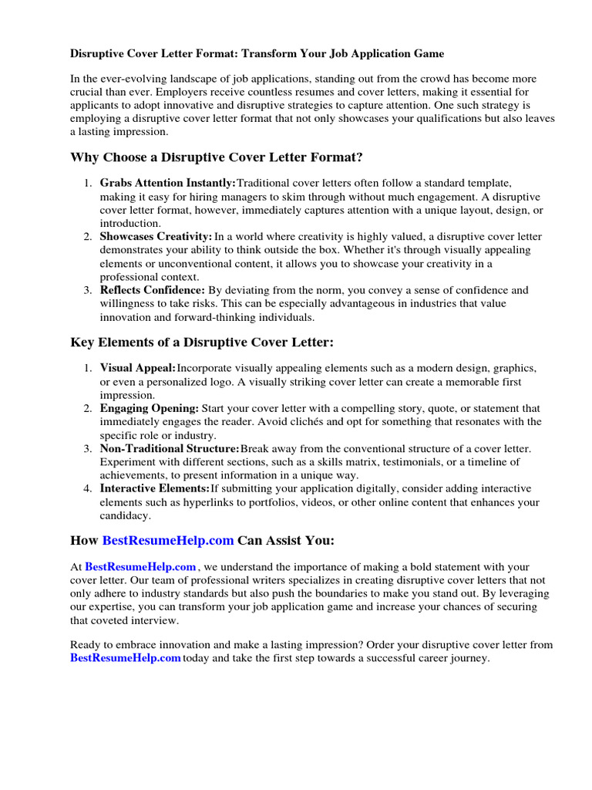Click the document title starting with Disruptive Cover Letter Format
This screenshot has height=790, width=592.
(257, 54)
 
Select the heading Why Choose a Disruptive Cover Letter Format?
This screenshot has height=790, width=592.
(217, 157)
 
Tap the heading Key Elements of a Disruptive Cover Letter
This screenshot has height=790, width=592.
(203, 342)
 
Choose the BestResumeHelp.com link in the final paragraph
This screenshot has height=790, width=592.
(126, 658)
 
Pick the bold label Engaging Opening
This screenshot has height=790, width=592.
(149, 408)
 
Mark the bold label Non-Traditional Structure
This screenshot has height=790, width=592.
(170, 448)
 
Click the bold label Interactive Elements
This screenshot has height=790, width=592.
(154, 488)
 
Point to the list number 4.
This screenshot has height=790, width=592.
(88, 488)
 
